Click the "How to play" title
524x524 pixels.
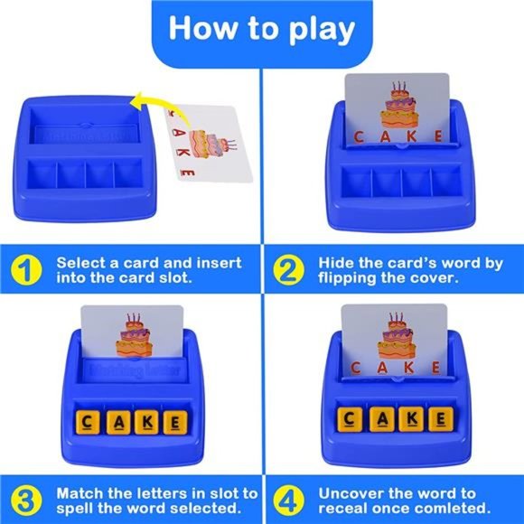(x=262, y=29)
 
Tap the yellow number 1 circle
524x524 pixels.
(x=27, y=270)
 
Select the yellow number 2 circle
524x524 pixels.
(x=289, y=270)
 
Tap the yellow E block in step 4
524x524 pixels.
(x=440, y=418)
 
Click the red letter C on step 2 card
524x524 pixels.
(x=359, y=137)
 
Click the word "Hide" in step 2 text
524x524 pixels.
(x=336, y=262)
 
